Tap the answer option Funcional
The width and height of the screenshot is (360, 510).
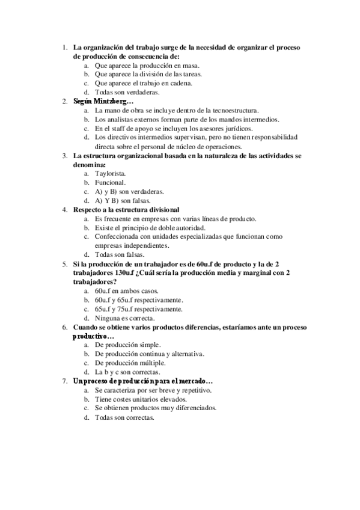(x=110, y=182)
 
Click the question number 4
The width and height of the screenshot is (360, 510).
(x=65, y=209)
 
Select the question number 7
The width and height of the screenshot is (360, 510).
(x=65, y=381)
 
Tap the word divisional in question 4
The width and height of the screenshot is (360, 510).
(x=161, y=209)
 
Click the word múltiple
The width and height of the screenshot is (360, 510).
(x=169, y=363)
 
